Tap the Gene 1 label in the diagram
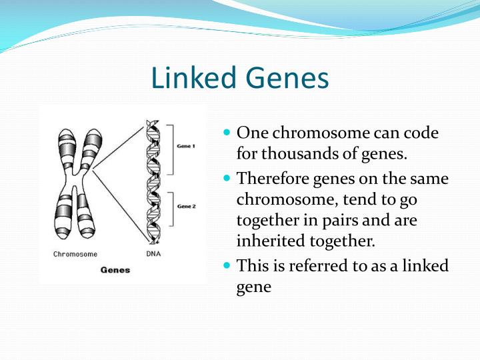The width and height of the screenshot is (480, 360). click(x=186, y=145)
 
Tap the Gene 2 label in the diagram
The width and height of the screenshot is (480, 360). click(x=186, y=207)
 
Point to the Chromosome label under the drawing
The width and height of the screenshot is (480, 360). click(x=75, y=254)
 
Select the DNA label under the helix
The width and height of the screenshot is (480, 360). click(x=153, y=254)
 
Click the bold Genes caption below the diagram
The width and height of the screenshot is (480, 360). click(x=115, y=270)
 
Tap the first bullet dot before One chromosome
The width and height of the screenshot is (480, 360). click(x=227, y=133)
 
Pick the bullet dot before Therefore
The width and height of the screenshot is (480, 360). click(x=227, y=179)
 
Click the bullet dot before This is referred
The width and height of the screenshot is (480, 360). click(x=227, y=266)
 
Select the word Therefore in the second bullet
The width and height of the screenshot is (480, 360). click(x=270, y=179)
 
